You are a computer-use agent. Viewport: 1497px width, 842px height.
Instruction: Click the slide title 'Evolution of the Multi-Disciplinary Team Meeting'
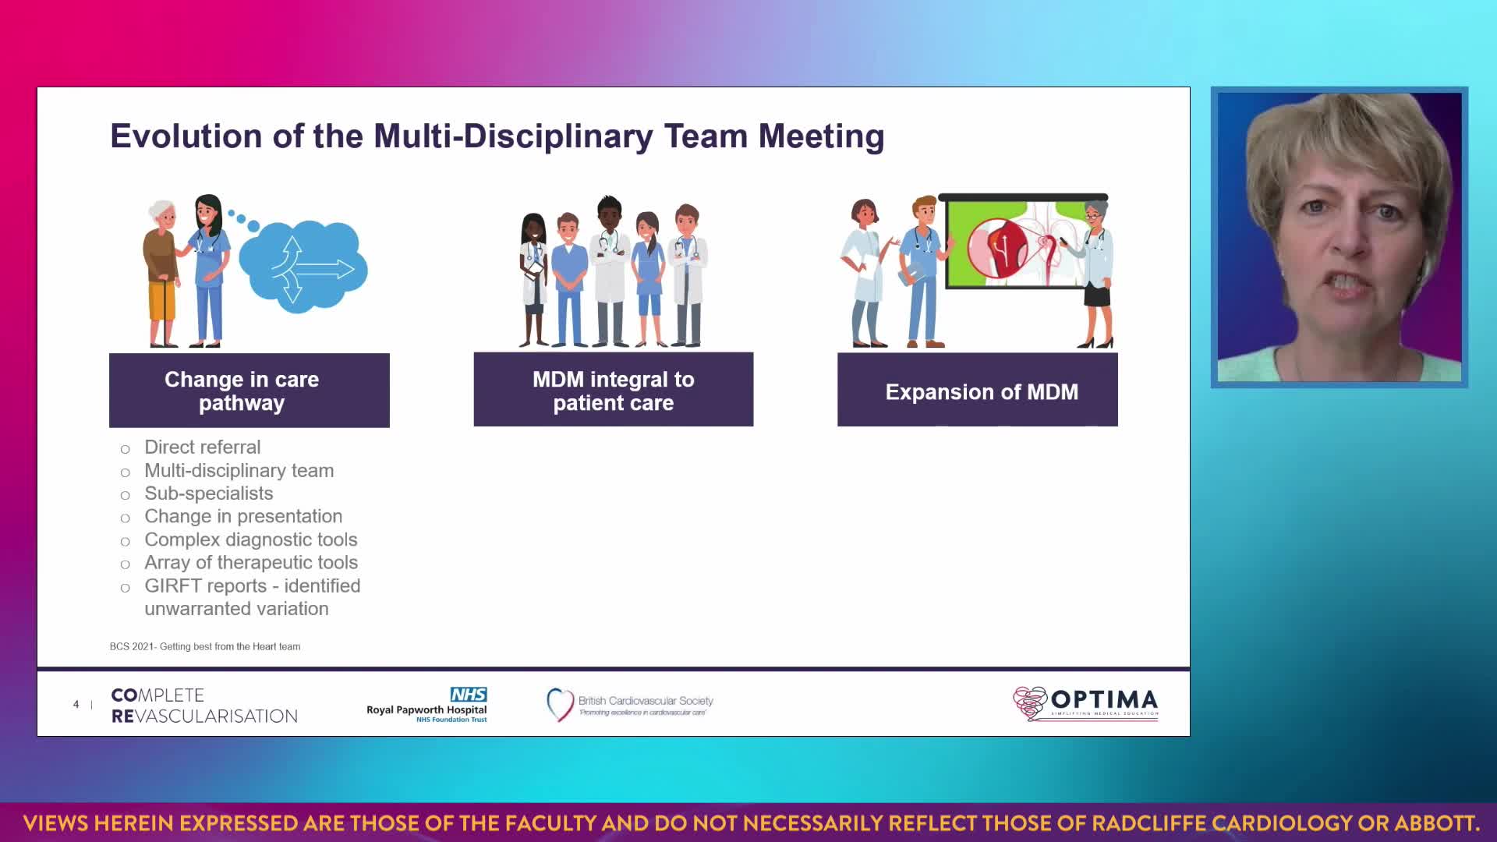497,136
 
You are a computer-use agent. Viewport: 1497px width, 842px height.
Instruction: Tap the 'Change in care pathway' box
249,391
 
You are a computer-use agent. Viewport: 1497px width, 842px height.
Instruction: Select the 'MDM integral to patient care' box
614,390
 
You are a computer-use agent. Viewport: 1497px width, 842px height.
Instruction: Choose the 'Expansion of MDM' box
978,390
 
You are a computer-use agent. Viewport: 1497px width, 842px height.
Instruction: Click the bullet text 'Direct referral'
203,447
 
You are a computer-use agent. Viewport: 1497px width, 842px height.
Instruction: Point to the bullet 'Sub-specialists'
209,494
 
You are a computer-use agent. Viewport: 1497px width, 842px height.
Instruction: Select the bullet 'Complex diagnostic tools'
251,540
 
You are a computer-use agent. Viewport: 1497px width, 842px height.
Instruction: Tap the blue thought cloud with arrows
303,266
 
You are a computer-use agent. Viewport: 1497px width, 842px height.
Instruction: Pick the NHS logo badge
469,694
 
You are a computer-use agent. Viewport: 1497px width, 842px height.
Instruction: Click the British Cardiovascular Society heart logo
560,704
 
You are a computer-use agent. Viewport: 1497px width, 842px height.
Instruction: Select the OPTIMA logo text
1104,699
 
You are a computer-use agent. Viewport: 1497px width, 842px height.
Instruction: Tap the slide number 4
76,704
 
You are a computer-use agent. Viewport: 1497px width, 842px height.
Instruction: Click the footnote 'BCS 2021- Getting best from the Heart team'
205,646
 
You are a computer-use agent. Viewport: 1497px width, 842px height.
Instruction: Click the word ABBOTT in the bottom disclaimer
1435,823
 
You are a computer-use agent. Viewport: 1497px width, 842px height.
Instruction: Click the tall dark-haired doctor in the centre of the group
610,271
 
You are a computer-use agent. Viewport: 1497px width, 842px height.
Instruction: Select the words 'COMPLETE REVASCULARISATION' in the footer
204,706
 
